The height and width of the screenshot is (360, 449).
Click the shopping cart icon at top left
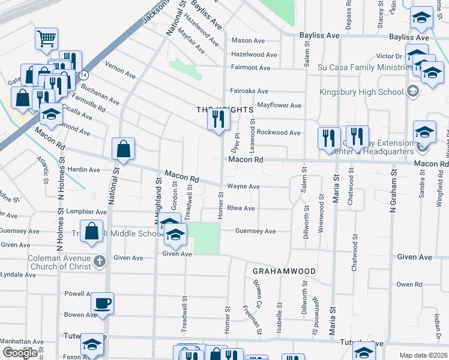tap(46, 39)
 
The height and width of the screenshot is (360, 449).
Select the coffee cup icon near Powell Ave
tap(103, 302)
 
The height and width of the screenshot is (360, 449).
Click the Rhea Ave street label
tap(241, 208)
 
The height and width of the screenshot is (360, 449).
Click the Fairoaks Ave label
tap(249, 91)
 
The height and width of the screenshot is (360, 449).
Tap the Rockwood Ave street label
tap(279, 132)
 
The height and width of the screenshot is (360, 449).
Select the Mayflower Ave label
tap(279, 105)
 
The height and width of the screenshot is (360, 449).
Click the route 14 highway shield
tap(84, 75)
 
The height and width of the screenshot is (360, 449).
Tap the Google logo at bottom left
tap(19, 353)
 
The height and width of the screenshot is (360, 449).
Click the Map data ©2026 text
tap(423, 355)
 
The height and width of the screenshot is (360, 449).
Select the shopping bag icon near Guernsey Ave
tap(91, 232)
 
